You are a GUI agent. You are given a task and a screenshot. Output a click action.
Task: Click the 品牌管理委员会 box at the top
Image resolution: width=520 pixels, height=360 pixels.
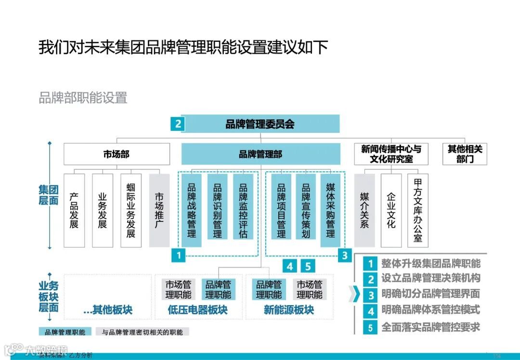[260, 124]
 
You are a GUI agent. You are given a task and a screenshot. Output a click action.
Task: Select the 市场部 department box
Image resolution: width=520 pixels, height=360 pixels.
[117, 154]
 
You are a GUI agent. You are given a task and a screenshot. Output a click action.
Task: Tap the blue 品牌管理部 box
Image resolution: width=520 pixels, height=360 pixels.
[260, 154]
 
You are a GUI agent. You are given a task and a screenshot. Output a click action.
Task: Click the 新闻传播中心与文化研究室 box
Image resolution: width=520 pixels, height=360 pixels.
[390, 154]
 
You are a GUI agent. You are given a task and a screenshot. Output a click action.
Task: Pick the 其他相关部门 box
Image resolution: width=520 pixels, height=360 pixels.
[465, 154]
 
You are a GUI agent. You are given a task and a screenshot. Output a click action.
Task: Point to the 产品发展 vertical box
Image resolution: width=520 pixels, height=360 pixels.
[74, 210]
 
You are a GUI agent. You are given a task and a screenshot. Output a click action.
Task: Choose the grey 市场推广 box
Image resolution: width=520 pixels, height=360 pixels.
[159, 210]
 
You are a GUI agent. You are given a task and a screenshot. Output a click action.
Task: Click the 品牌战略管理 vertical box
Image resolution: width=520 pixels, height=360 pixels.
[192, 210]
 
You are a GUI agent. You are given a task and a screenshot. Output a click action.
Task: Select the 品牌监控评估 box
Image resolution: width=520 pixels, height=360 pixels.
[243, 210]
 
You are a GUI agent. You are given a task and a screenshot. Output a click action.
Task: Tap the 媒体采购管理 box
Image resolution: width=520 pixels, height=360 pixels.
[330, 210]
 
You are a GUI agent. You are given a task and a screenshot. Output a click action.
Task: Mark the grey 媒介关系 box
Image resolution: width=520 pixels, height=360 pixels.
[364, 210]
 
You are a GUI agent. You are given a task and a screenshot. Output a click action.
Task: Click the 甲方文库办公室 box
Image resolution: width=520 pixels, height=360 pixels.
[417, 210]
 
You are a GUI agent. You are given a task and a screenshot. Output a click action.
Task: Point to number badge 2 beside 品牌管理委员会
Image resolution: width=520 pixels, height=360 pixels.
[178, 124]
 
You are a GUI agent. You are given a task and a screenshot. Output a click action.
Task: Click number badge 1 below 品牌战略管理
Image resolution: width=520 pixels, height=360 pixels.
[179, 255]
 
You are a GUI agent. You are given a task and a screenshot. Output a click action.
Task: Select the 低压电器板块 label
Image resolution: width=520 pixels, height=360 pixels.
[197, 310]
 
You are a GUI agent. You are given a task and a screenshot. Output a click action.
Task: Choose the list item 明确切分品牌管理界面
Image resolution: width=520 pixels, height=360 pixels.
[430, 294]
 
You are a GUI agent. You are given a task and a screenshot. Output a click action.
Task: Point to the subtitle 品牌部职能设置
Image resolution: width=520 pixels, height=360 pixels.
[83, 98]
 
